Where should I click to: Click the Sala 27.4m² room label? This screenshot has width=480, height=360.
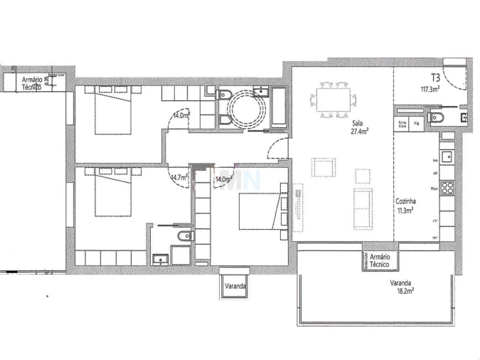358,127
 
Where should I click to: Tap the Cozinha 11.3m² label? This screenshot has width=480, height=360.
406,206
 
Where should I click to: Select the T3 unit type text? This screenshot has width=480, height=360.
434,77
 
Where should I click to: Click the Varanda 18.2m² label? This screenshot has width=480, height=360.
402,286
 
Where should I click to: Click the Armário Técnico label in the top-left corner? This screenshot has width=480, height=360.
32,83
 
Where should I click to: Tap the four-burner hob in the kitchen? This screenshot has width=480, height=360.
447,188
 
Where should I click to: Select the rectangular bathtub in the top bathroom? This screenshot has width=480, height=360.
278,109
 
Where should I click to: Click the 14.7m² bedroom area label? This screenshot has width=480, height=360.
178,178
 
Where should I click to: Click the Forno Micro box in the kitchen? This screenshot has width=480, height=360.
402,123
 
